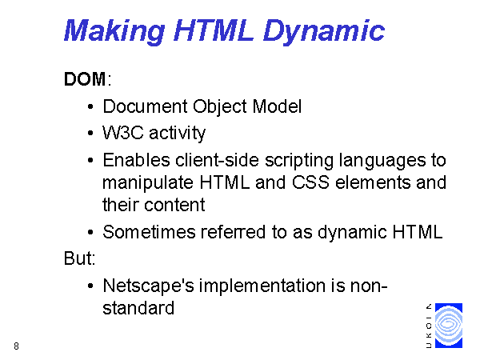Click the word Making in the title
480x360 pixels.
(x=114, y=31)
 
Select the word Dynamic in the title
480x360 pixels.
(x=324, y=31)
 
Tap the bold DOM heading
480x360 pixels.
(x=85, y=79)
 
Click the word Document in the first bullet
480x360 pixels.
(x=145, y=106)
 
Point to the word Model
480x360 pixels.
(x=277, y=106)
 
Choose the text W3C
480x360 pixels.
(x=123, y=133)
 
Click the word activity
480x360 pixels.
(x=178, y=134)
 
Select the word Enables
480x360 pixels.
(x=136, y=160)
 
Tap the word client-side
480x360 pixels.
(x=218, y=160)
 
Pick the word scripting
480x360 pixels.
(x=298, y=161)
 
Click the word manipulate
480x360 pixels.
(x=148, y=183)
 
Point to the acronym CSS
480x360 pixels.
(x=310, y=182)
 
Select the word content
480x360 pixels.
(x=174, y=205)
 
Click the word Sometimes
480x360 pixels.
(x=149, y=232)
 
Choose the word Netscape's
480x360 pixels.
(x=149, y=286)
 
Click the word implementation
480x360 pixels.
(x=262, y=286)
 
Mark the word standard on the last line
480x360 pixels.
(x=138, y=308)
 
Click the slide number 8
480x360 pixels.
(x=17, y=346)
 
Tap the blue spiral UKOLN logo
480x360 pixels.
(x=449, y=326)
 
